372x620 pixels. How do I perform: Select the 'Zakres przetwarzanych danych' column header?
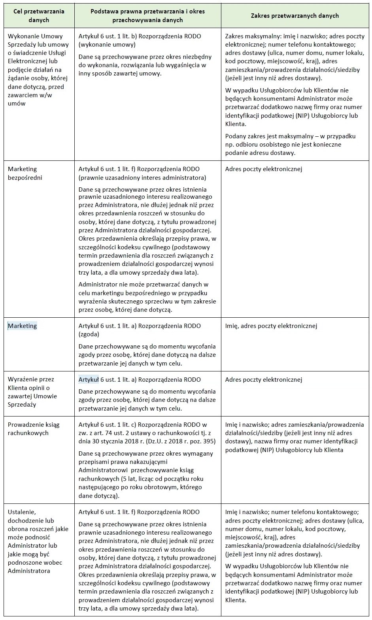pyautogui.click(x=295, y=16)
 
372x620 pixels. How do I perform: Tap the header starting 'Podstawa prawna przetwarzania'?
pyautogui.click(x=147, y=16)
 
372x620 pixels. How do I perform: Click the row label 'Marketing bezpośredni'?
pyautogui.click(x=25, y=173)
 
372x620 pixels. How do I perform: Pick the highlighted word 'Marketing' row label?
pyautogui.click(x=22, y=326)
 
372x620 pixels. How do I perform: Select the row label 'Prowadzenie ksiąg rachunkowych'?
pyautogui.click(x=34, y=429)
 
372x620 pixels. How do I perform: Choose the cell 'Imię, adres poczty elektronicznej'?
pyautogui.click(x=271, y=326)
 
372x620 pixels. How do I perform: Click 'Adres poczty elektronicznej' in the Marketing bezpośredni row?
pyautogui.click(x=264, y=169)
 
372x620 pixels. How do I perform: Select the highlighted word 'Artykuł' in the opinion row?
pyautogui.click(x=89, y=380)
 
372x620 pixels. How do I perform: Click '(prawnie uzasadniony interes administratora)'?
pyautogui.click(x=142, y=177)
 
